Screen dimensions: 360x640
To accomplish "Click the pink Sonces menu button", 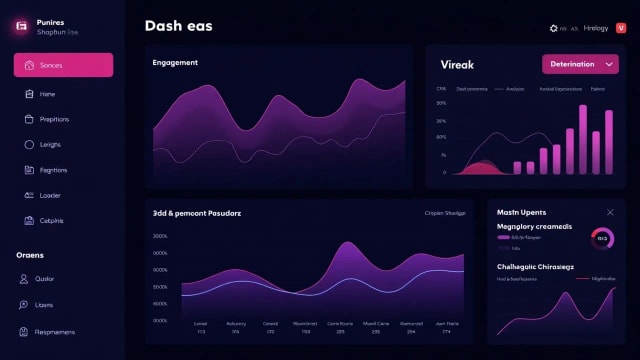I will pyautogui.click(x=63, y=65).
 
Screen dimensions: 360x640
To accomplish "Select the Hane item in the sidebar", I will pyautogui.click(x=47, y=94).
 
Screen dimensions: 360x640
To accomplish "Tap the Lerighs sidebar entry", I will pyautogui.click(x=50, y=145).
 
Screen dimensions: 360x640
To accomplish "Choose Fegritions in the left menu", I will pyautogui.click(x=53, y=170).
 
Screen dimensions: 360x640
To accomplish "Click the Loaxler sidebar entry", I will pyautogui.click(x=50, y=195).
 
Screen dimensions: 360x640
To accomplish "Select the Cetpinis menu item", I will pyautogui.click(x=51, y=220).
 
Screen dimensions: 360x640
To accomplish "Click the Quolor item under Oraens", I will pyautogui.click(x=45, y=279).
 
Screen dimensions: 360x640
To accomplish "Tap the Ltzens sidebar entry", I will pyautogui.click(x=44, y=305).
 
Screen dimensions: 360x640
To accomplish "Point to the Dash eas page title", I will pyautogui.click(x=178, y=27).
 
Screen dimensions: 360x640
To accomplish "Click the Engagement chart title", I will pyautogui.click(x=175, y=63).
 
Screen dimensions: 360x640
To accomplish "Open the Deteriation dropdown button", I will pyautogui.click(x=580, y=64).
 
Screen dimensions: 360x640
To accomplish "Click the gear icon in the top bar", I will pyautogui.click(x=554, y=29).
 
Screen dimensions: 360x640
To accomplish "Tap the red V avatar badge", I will pyautogui.click(x=621, y=28).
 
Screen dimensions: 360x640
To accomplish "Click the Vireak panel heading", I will pyautogui.click(x=457, y=65).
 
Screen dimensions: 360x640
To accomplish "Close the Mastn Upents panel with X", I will pyautogui.click(x=611, y=212).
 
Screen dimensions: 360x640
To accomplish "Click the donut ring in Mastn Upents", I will pyautogui.click(x=602, y=238).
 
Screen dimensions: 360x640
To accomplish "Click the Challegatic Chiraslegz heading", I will pyautogui.click(x=535, y=267).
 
